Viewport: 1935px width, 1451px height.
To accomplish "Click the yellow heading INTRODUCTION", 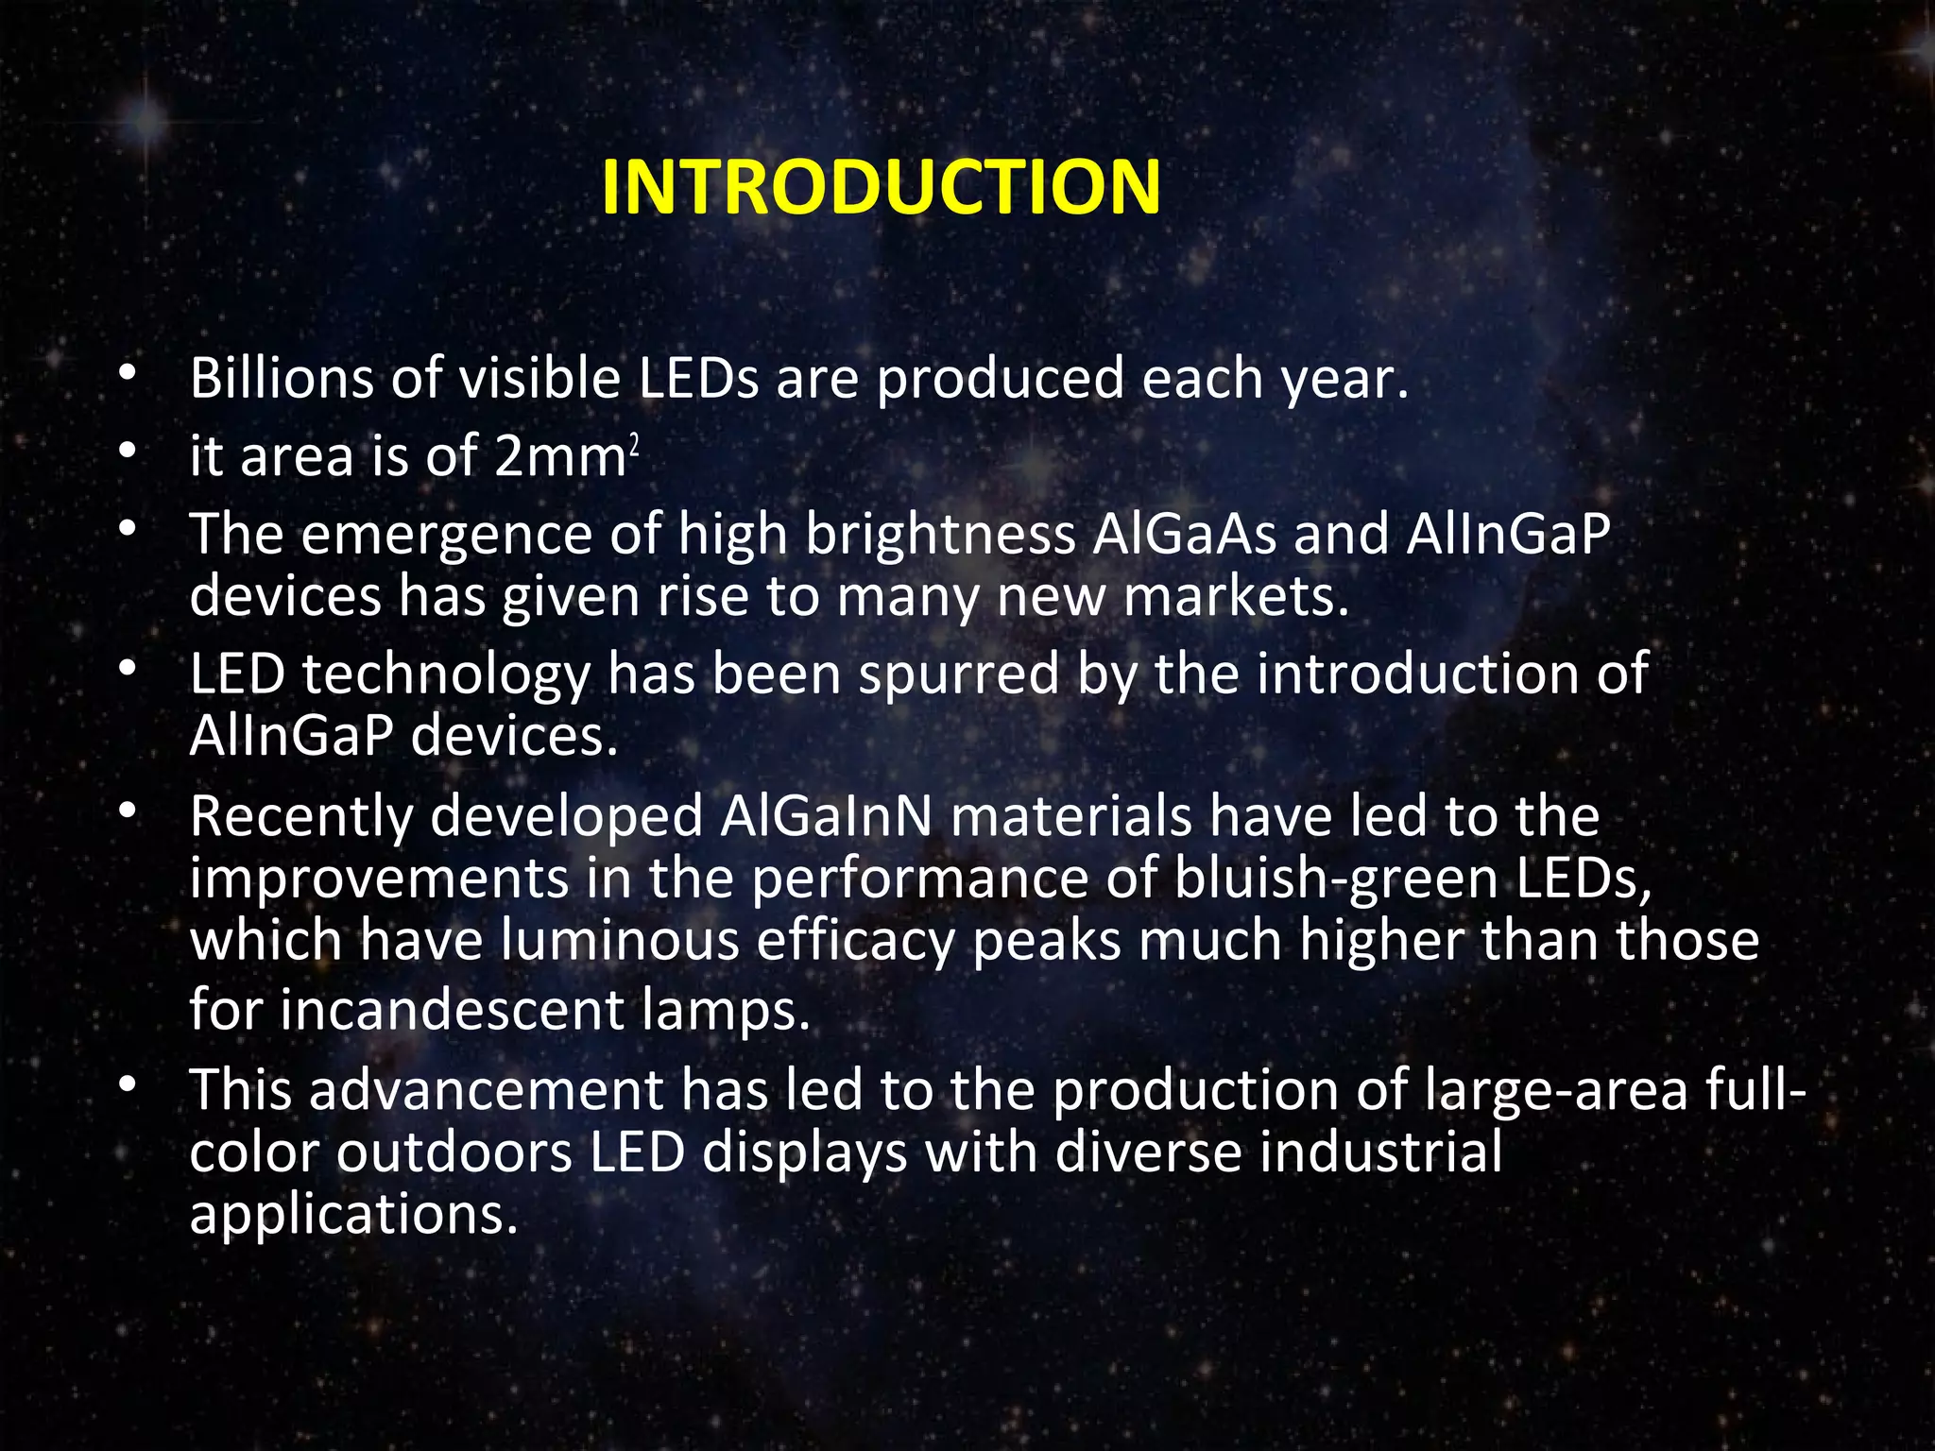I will [881, 187].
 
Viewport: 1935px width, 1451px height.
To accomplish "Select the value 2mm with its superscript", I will [567, 456].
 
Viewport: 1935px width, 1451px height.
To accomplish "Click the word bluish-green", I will [1336, 879].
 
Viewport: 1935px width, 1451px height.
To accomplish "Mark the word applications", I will [354, 1216].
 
